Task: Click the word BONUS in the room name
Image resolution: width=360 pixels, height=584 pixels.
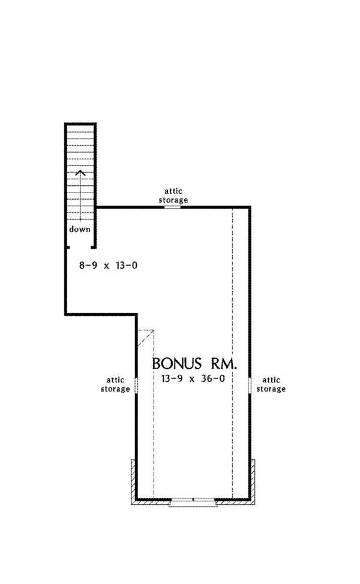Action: [x=176, y=363]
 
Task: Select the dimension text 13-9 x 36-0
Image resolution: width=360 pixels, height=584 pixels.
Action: [x=193, y=379]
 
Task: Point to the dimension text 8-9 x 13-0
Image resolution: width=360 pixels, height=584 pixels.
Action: [x=108, y=265]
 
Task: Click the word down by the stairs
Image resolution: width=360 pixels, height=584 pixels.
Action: [x=79, y=229]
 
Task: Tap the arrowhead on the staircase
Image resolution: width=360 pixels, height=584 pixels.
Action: [x=80, y=173]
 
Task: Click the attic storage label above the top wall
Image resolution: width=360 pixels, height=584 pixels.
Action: [x=173, y=195]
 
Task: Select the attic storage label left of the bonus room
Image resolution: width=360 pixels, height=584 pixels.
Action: [x=115, y=385]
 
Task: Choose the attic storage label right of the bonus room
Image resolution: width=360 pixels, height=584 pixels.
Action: [x=271, y=385]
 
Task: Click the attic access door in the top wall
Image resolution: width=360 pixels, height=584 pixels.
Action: [x=173, y=206]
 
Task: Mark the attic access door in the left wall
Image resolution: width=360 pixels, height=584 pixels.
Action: [x=136, y=385]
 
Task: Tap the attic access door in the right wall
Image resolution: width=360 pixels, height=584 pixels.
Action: [x=250, y=385]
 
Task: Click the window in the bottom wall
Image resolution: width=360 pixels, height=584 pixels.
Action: [x=193, y=501]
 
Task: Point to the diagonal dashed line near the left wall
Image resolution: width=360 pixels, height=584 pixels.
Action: [x=145, y=338]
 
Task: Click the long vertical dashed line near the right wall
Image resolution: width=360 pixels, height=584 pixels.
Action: [x=233, y=353]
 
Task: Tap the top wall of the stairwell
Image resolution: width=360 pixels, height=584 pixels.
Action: [x=80, y=124]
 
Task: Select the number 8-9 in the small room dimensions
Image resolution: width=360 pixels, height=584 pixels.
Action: [x=88, y=265]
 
